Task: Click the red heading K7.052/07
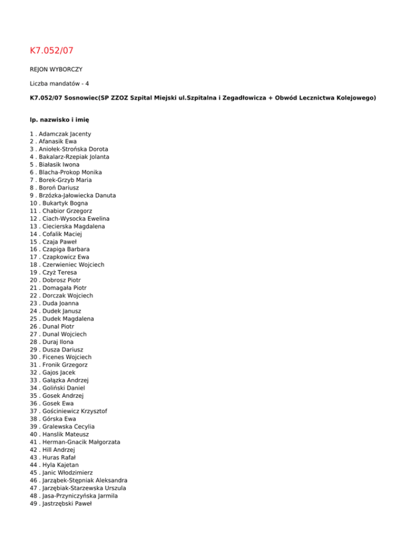pyautogui.click(x=51, y=51)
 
